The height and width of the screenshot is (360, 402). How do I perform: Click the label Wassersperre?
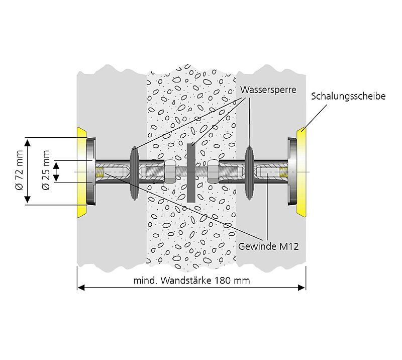pyautogui.click(x=268, y=91)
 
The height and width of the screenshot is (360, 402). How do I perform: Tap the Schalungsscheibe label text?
pyautogui.click(x=348, y=96)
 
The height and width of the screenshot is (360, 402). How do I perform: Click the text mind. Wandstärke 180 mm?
pyautogui.click(x=191, y=281)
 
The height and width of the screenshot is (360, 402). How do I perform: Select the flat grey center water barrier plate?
pyautogui.click(x=191, y=172)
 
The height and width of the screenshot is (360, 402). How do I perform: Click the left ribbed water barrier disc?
pyautogui.click(x=135, y=172)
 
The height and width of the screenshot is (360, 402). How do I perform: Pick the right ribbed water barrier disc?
pyautogui.click(x=249, y=172)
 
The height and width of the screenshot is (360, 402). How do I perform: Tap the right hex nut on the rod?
pyautogui.click(x=213, y=172)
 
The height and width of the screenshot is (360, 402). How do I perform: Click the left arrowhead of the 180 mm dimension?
pyautogui.click(x=80, y=288)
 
